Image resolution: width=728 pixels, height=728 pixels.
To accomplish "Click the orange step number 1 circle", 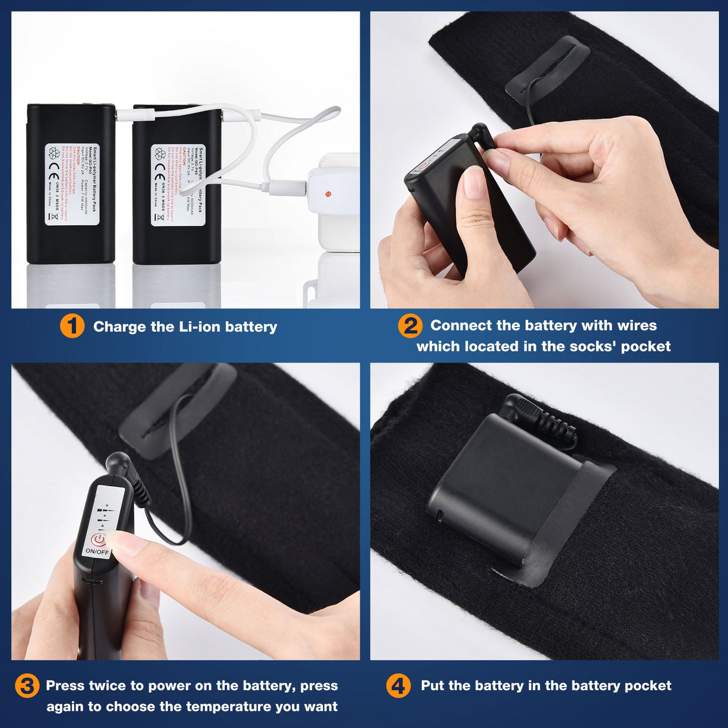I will tap(72, 326).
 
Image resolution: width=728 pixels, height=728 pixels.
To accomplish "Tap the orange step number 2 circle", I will tap(410, 326).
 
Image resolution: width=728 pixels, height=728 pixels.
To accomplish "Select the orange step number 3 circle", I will tap(27, 686).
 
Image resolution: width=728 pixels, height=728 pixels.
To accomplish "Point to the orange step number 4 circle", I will tap(398, 686).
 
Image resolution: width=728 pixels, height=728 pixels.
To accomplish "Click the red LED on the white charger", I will tap(328, 194).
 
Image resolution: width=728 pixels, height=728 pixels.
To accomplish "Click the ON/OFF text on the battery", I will tap(97, 551).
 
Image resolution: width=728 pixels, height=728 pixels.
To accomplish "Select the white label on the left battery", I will tap(64, 184).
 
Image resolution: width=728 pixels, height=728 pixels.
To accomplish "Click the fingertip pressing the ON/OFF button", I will tap(123, 544).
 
